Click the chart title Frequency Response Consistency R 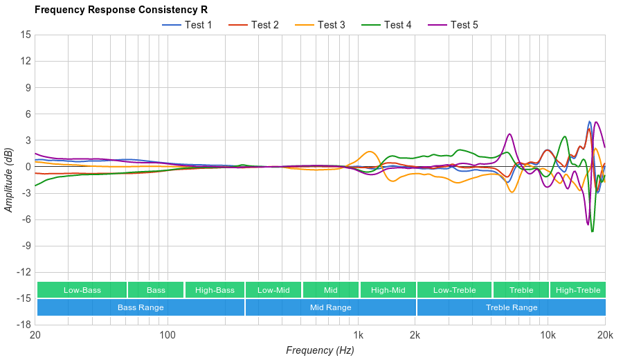120,10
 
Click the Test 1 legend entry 187,25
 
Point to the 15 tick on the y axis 26,35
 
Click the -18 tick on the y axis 24,324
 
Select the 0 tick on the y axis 28,166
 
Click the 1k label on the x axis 358,336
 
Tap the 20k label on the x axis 604,336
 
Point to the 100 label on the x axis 168,336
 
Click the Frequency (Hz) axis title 320,350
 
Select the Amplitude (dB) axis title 9,179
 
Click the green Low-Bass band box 82,290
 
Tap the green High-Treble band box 578,290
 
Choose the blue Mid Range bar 330,307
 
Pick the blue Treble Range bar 511,307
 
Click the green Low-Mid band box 273,290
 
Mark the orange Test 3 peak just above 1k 370,152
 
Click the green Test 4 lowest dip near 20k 593,231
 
